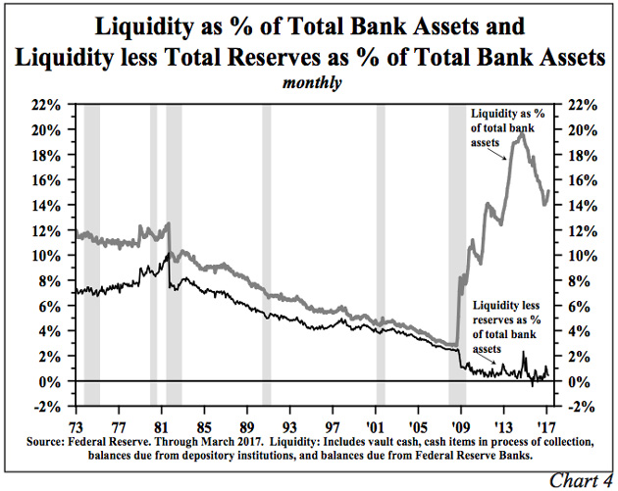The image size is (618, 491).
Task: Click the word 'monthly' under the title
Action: pos(313,83)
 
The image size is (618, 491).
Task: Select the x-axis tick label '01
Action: pos(374,427)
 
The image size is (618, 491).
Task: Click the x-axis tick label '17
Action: pos(545,427)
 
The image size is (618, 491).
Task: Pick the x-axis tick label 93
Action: pos(288,427)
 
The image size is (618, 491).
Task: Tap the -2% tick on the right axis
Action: pos(577,406)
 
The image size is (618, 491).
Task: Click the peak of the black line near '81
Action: pos(168,253)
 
